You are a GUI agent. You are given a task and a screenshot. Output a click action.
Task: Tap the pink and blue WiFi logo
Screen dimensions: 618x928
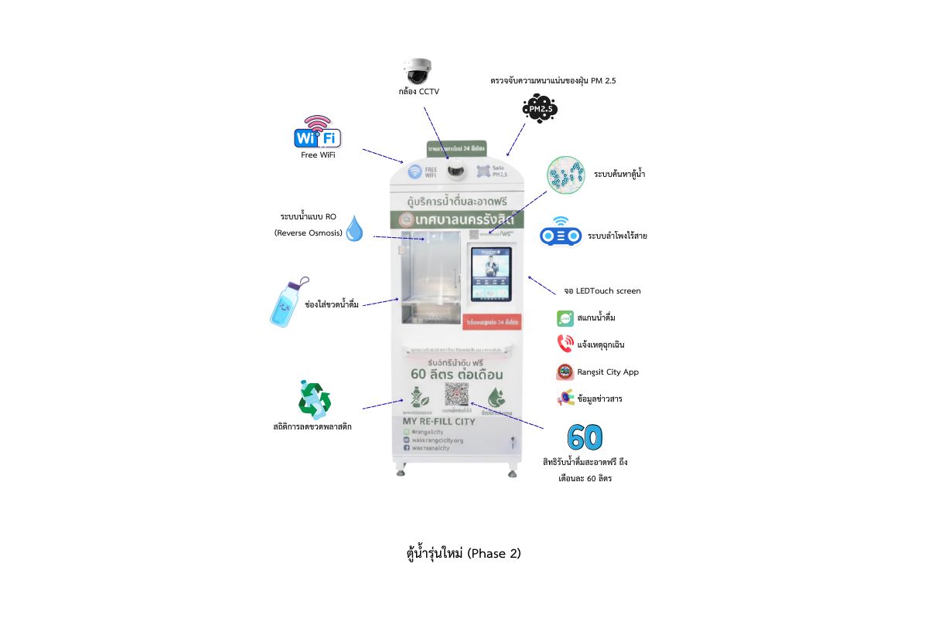[x=317, y=133]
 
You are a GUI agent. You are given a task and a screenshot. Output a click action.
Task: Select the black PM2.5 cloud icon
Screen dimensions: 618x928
[x=539, y=109]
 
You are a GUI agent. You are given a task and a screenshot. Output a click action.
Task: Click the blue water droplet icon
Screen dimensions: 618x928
[x=354, y=228]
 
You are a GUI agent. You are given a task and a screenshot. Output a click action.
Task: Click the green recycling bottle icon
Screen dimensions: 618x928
[x=315, y=399]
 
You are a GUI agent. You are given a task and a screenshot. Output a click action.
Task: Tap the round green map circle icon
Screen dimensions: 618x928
[x=566, y=175]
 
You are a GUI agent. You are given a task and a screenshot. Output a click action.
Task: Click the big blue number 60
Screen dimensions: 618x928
[x=585, y=437]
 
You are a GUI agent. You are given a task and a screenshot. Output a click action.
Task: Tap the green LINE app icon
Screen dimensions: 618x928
[x=565, y=318]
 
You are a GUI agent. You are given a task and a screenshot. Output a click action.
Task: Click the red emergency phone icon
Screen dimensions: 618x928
[x=565, y=344]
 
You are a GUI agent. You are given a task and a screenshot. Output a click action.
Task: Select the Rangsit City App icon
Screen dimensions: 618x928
[x=565, y=372]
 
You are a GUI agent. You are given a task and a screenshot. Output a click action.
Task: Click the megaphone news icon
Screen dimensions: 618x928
[x=565, y=399]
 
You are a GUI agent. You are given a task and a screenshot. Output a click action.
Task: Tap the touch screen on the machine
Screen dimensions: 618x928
[x=492, y=275]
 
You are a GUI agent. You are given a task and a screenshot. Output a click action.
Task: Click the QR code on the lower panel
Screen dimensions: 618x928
[x=456, y=394]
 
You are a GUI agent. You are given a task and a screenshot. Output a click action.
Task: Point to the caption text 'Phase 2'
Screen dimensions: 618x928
[x=494, y=553]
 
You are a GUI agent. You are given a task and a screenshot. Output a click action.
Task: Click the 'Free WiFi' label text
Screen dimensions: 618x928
[x=318, y=154]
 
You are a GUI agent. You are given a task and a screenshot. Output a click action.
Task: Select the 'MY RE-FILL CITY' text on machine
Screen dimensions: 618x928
[x=438, y=422]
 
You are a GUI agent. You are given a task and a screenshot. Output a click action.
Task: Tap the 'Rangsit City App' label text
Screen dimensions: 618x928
[x=608, y=372]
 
